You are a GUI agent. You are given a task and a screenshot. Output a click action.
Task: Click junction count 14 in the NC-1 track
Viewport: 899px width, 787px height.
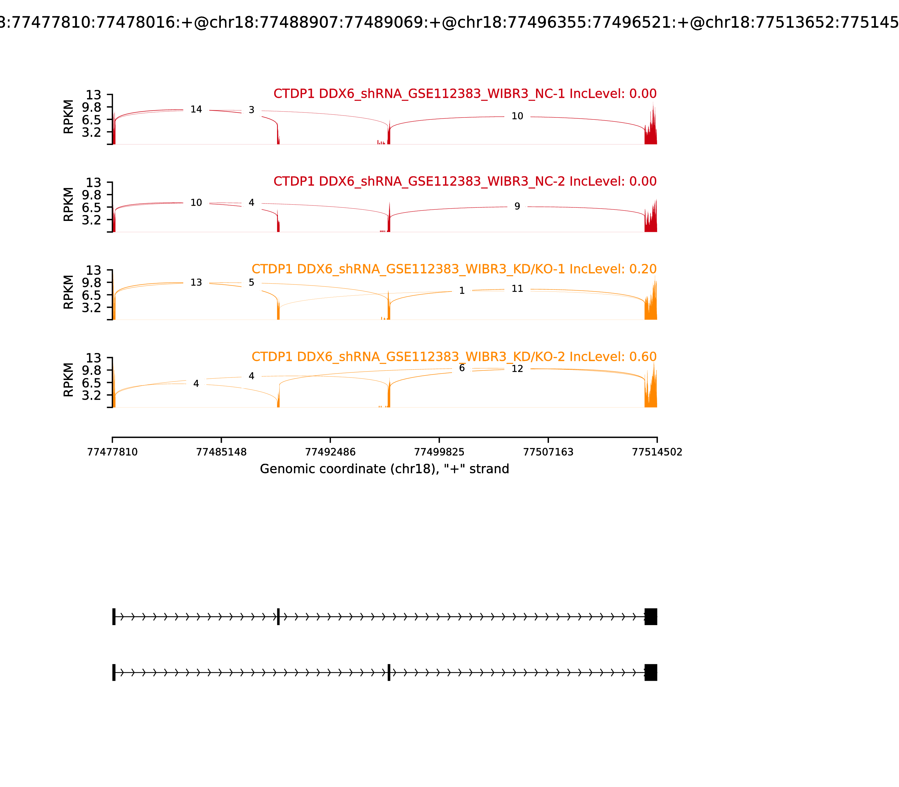pyautogui.click(x=196, y=109)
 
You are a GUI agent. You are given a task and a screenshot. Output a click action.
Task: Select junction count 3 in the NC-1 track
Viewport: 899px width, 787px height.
pyautogui.click(x=251, y=110)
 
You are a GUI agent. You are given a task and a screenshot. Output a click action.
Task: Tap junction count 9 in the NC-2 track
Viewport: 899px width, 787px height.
pyautogui.click(x=517, y=206)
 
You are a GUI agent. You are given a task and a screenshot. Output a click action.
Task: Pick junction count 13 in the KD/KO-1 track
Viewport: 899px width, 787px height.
pyautogui.click(x=196, y=282)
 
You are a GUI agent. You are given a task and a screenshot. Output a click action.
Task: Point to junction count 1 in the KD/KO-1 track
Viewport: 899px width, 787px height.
pyautogui.click(x=462, y=291)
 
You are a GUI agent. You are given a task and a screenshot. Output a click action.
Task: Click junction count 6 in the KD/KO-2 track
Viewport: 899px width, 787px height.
pyautogui.click(x=462, y=368)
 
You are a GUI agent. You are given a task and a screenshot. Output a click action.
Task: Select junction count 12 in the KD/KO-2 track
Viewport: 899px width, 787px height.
pyautogui.click(x=517, y=369)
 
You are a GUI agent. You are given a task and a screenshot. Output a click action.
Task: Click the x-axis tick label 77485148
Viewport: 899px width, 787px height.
pyautogui.click(x=221, y=452)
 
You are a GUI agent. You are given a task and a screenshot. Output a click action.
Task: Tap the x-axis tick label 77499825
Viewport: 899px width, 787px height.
pyautogui.click(x=439, y=452)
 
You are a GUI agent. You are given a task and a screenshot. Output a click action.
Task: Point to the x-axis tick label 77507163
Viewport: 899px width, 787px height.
pyautogui.click(x=548, y=452)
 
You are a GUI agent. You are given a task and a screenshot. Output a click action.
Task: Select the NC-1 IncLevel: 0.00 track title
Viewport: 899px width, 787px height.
pyautogui.click(x=465, y=94)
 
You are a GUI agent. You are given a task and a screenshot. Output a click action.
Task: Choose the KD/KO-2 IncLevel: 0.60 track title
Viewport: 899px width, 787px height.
pyautogui.click(x=454, y=357)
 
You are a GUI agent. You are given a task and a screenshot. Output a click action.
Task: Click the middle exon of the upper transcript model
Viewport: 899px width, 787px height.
pyautogui.click(x=278, y=617)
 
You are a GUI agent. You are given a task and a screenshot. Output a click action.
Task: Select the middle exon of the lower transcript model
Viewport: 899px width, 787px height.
pyautogui.click(x=389, y=672)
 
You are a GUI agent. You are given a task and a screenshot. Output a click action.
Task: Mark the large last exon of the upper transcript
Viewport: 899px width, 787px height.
pyautogui.click(x=651, y=617)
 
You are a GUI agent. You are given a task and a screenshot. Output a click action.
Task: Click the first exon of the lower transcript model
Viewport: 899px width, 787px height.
pyautogui.click(x=114, y=672)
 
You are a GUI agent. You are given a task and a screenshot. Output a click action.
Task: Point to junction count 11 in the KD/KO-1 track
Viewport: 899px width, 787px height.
pyautogui.click(x=517, y=289)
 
